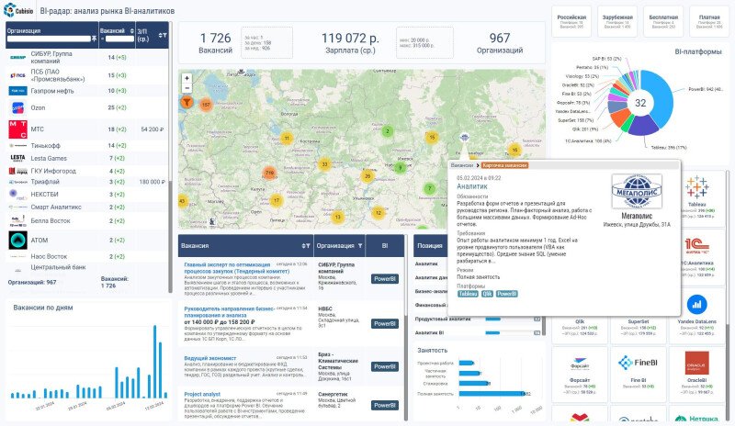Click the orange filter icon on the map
[x=187, y=105]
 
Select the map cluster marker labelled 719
[x=269, y=173]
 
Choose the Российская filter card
[x=572, y=19]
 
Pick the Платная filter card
[x=708, y=19]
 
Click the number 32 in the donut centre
[x=641, y=104]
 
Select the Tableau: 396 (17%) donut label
[x=669, y=147]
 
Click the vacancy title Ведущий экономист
[x=210, y=357]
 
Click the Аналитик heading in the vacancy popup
[x=472, y=185]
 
